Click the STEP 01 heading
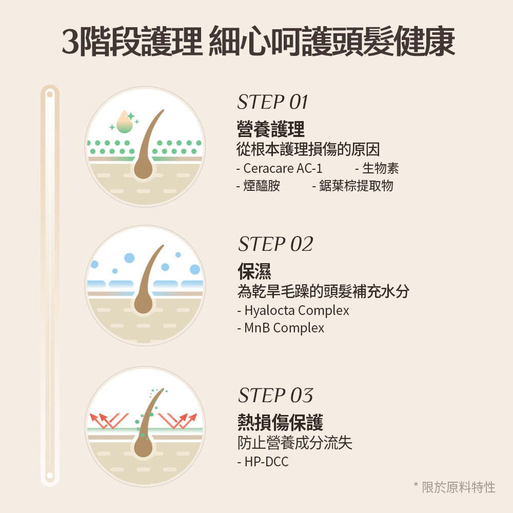click(x=272, y=102)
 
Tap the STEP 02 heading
click(x=275, y=244)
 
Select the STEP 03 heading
click(x=275, y=396)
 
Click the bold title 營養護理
click(x=271, y=129)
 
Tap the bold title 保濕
click(x=254, y=272)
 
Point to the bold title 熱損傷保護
click(x=280, y=423)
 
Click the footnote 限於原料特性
click(x=458, y=487)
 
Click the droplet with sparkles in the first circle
click(x=124, y=122)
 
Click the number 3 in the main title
click(x=70, y=42)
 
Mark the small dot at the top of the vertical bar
click(x=50, y=94)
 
